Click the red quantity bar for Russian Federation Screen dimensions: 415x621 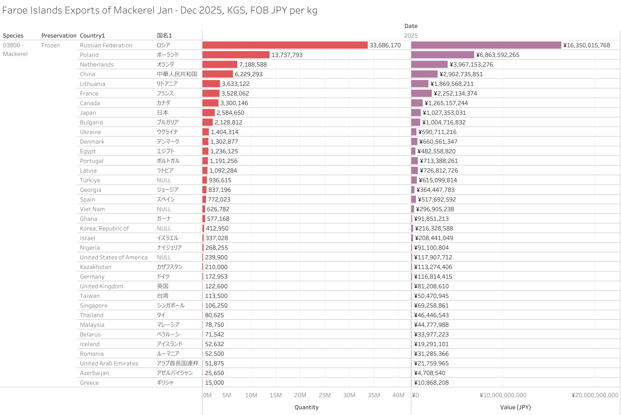285,45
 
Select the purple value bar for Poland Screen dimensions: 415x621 442,55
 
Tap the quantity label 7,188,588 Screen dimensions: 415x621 253,65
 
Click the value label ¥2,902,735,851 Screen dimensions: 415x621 461,74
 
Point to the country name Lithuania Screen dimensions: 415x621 92,84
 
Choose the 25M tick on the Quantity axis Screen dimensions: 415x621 325,395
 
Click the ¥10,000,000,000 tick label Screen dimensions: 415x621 503,395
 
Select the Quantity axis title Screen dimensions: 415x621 306,407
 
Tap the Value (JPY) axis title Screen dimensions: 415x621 515,407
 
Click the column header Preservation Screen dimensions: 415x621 59,36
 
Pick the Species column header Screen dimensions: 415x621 13,36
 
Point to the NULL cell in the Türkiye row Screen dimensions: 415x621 164,180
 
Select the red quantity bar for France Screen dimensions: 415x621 211,93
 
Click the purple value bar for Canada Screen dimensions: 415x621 417,103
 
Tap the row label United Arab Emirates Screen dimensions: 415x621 109,363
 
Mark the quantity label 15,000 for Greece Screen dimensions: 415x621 214,383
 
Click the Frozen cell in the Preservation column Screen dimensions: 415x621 50,45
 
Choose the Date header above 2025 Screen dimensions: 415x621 411,26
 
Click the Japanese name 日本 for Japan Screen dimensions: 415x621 163,113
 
